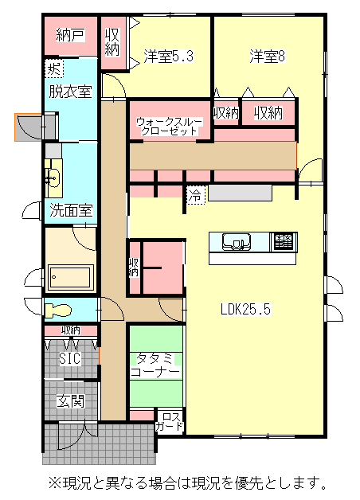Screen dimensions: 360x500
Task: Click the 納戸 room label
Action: point(70,35)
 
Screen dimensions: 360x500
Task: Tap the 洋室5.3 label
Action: point(169,56)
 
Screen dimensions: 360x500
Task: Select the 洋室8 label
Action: point(267,56)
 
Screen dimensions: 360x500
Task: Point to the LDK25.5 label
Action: point(246,309)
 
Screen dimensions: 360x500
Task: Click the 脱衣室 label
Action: point(70,92)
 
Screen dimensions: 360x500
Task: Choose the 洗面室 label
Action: point(71,210)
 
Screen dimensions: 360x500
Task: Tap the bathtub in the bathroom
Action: point(70,277)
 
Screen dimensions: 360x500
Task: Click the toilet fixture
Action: point(57,311)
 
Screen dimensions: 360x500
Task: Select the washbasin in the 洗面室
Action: point(53,177)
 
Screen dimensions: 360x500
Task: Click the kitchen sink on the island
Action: point(237,242)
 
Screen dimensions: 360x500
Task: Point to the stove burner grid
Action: point(284,242)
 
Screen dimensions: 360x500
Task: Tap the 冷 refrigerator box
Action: point(195,195)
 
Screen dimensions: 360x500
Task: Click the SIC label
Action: point(70,358)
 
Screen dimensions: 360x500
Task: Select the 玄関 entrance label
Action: point(70,400)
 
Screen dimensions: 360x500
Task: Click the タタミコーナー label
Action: point(155,365)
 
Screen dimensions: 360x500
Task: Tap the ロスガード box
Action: point(170,421)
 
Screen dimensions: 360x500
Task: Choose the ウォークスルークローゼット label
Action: point(170,127)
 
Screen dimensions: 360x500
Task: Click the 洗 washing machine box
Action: point(53,68)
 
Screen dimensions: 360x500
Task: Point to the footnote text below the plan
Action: point(187,482)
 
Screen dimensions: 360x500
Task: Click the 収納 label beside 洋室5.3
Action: point(112,42)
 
